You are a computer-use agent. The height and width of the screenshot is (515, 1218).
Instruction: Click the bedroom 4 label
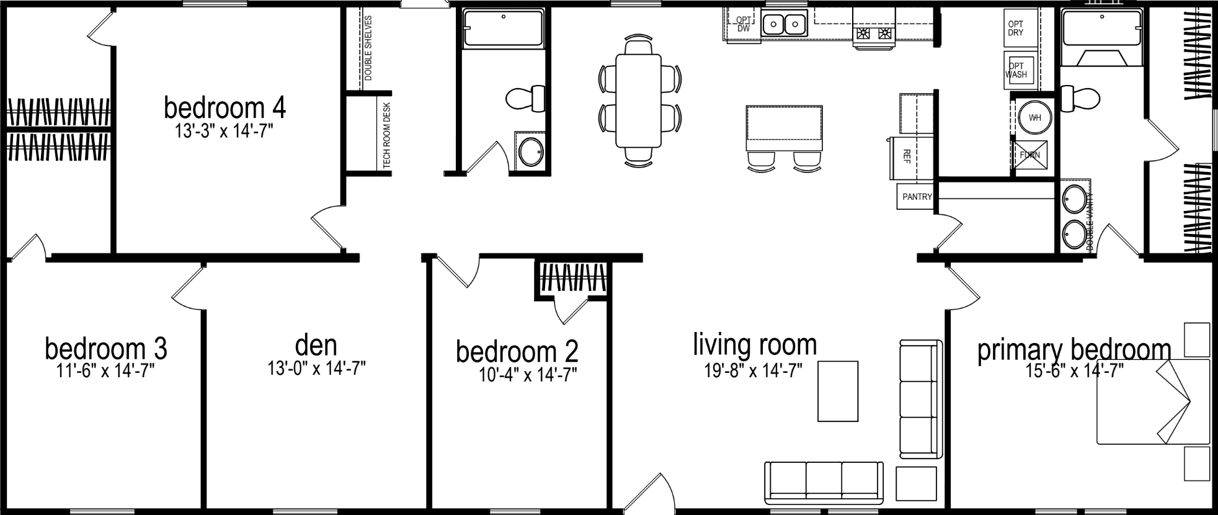pos(224,108)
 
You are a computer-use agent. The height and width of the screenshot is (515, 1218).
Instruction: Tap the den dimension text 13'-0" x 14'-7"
pos(316,369)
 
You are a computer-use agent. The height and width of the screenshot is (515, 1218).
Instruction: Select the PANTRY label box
pos(916,197)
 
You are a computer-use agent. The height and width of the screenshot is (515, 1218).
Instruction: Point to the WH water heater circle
pos(1034,117)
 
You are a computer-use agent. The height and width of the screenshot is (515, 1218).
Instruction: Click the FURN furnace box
pos(1030,154)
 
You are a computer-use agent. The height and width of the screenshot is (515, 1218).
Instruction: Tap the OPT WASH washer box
pos(1017,70)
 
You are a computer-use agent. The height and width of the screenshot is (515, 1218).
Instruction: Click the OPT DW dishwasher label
pos(744,24)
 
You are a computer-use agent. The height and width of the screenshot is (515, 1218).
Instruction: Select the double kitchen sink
pos(783,25)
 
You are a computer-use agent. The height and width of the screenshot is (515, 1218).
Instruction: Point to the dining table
pos(638,101)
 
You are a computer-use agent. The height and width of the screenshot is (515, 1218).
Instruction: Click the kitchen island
pos(785,128)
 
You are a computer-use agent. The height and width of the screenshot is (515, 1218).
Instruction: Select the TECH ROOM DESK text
pos(387,135)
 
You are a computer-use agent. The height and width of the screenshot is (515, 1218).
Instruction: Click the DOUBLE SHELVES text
pos(368,48)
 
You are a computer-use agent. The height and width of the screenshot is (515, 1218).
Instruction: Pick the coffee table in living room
pos(838,392)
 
